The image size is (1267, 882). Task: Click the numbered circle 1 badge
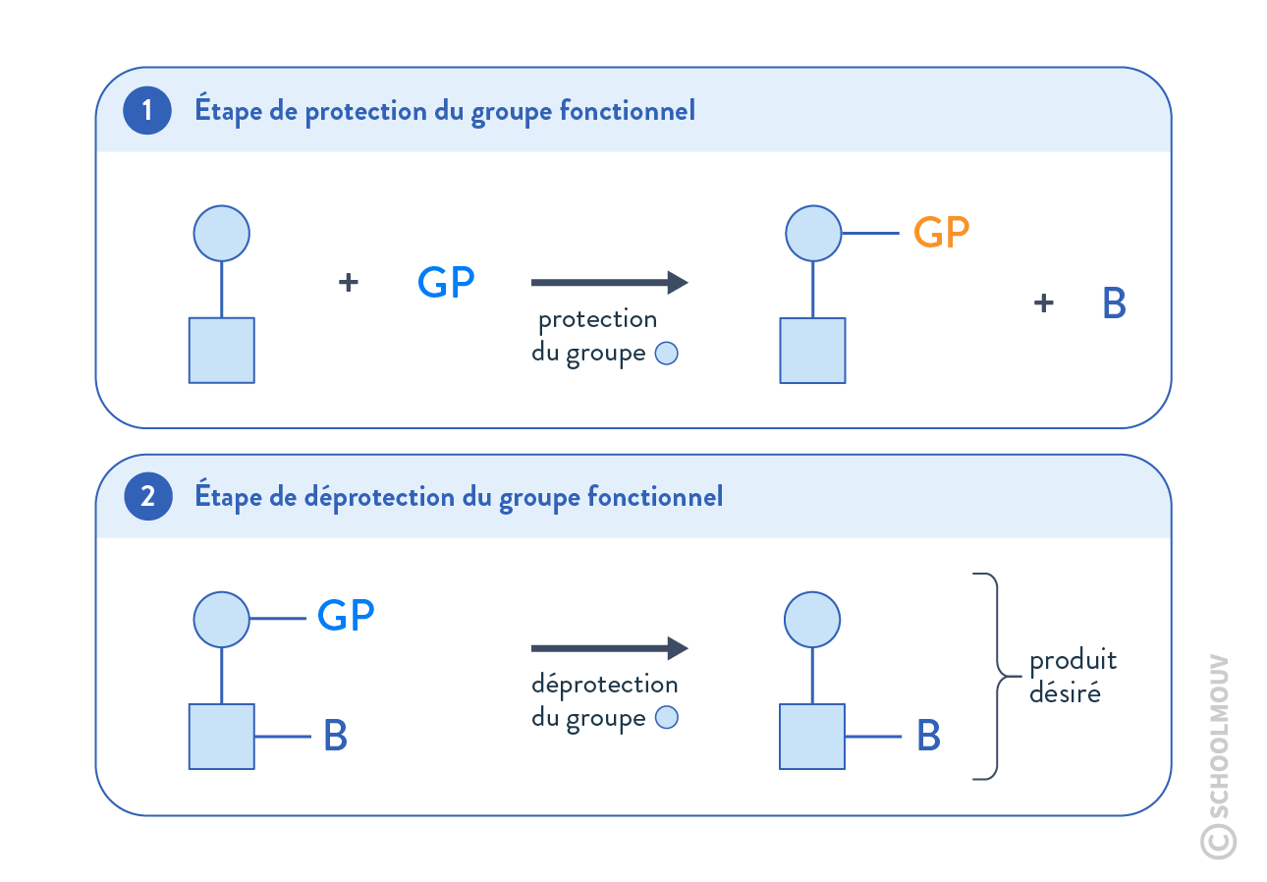pos(147,111)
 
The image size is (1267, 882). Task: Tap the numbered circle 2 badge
pos(147,497)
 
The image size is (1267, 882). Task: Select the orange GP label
pos(941,234)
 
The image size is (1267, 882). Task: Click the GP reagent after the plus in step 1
pos(446,283)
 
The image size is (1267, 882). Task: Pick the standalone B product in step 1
pos(1114,304)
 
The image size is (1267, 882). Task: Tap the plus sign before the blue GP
pos(348,283)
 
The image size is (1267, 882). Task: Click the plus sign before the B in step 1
pos(1044,303)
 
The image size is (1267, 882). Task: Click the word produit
pos(1073,662)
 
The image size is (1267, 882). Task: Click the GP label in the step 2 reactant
pos(345,617)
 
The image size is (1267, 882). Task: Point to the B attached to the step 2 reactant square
pos(335,737)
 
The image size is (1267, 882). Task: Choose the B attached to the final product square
pos(928,737)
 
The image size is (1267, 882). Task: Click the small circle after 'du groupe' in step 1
pos(666,354)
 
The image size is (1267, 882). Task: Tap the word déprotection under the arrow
pos(604,685)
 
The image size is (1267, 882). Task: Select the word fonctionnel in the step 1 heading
pos(627,111)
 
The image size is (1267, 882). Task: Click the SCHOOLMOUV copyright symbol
pos(1218,841)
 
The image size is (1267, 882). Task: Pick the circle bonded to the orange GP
pos(813,234)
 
